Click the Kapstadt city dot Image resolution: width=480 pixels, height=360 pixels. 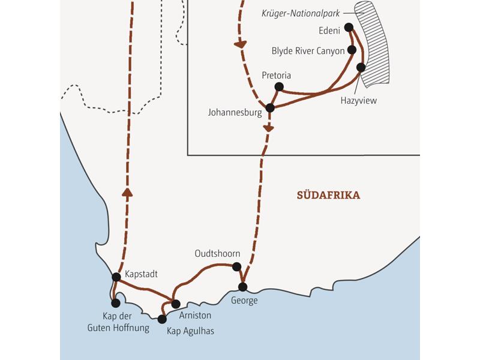pos(116,277)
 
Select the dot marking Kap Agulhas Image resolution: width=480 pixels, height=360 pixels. pos(161,319)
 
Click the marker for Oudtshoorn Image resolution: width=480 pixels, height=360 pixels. pos(236,266)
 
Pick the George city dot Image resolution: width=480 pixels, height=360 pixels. pos(242,286)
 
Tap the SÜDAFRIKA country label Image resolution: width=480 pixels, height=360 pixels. pos(328,195)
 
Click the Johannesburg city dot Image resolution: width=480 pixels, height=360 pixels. pos(270,108)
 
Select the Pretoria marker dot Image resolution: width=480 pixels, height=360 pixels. pos(278,87)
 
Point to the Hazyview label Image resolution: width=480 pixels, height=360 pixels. pos(358,100)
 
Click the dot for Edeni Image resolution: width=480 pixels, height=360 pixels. pos(349,26)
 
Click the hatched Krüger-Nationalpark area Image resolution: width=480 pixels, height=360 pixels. pos(373,42)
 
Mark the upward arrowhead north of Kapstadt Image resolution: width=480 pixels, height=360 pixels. pos(127,191)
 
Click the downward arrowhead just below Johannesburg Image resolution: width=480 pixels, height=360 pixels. pos(268,128)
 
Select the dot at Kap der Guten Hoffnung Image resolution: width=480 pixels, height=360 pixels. pos(115,303)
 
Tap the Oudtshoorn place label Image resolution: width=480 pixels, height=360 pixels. pos(218,254)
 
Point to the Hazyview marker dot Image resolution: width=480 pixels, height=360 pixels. pos(361,67)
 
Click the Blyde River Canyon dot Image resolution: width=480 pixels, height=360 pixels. pos(352,50)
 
